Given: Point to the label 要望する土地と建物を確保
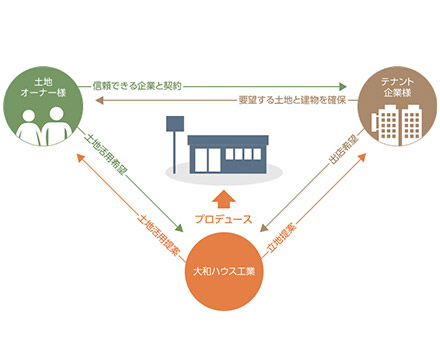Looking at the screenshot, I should (290, 101).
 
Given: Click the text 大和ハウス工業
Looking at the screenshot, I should (221, 271).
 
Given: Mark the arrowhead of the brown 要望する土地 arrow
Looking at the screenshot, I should (88, 102).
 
